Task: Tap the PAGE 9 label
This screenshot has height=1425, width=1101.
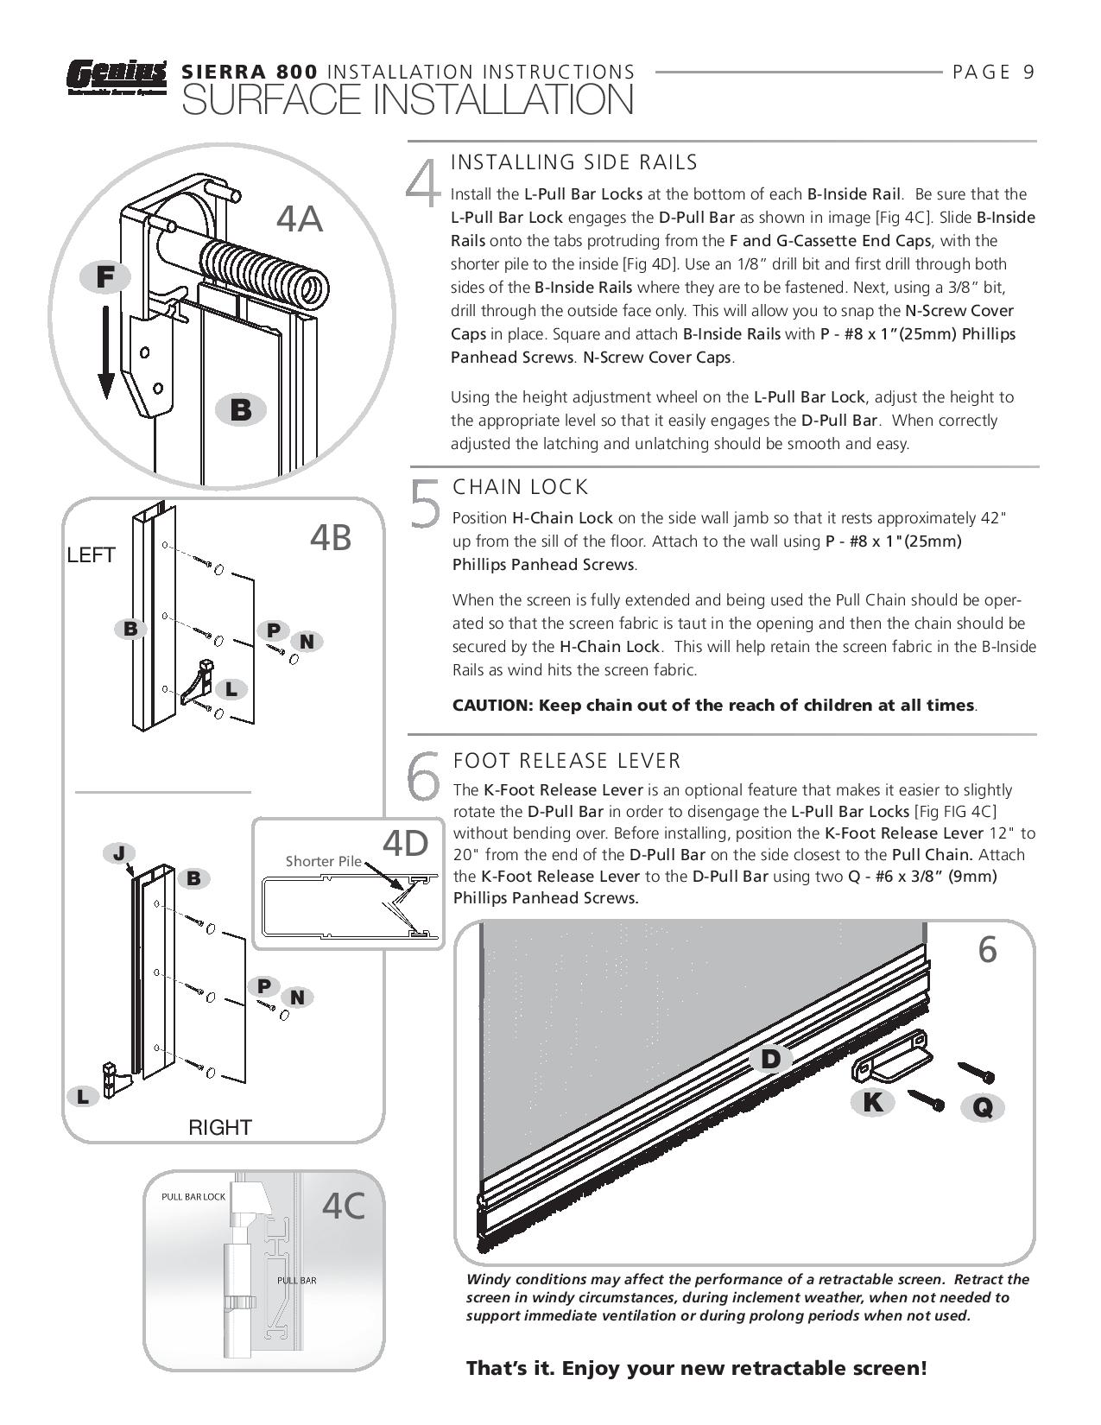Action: pyautogui.click(x=993, y=72)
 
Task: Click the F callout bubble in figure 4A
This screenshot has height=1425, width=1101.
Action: pyautogui.click(x=105, y=277)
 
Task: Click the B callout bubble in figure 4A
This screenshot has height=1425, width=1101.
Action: pyautogui.click(x=241, y=410)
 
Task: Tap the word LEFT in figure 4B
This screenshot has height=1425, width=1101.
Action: pyautogui.click(x=92, y=555)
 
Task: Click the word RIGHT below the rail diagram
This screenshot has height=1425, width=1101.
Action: pyautogui.click(x=219, y=1128)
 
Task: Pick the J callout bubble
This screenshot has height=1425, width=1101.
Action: pyautogui.click(x=119, y=853)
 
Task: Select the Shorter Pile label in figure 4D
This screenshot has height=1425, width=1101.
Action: pyautogui.click(x=323, y=862)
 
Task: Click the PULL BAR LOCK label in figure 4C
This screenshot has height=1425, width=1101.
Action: pyautogui.click(x=193, y=1197)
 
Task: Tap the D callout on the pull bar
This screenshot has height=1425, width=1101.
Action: pyautogui.click(x=770, y=1059)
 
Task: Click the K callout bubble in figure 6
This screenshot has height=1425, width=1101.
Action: pyautogui.click(x=873, y=1102)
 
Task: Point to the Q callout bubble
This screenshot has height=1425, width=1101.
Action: pyautogui.click(x=983, y=1107)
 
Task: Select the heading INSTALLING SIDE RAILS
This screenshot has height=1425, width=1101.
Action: pyautogui.click(x=574, y=162)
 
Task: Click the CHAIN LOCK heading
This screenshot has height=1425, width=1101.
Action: pyautogui.click(x=521, y=487)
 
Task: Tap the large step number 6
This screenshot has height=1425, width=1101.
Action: pyautogui.click(x=424, y=776)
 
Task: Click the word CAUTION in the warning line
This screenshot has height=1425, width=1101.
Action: pyautogui.click(x=492, y=706)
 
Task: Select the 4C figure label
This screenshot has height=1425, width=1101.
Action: pyautogui.click(x=343, y=1206)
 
